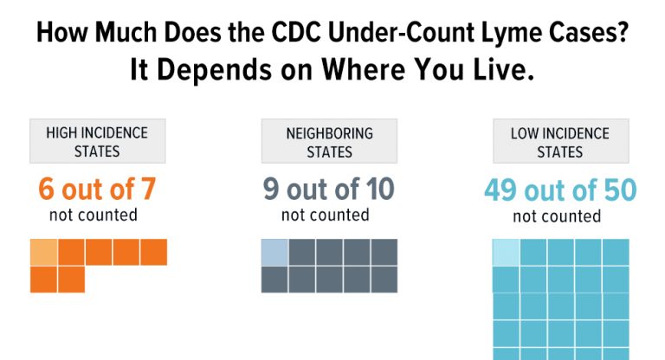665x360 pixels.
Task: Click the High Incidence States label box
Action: (x=97, y=142)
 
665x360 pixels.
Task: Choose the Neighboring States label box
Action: (x=329, y=142)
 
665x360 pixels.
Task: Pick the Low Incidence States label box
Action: (x=559, y=142)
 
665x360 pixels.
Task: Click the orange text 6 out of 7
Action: (x=97, y=190)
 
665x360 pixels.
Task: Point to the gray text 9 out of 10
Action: (x=329, y=190)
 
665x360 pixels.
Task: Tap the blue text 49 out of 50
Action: (x=559, y=190)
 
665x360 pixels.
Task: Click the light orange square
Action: (x=43, y=252)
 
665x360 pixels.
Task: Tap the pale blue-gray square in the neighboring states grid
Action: (x=274, y=252)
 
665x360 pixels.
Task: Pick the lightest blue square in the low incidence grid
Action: (x=506, y=252)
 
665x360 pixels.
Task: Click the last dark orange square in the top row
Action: (x=153, y=252)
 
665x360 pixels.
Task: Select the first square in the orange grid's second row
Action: (x=43, y=280)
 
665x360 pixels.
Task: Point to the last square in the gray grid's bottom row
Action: (x=384, y=280)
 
